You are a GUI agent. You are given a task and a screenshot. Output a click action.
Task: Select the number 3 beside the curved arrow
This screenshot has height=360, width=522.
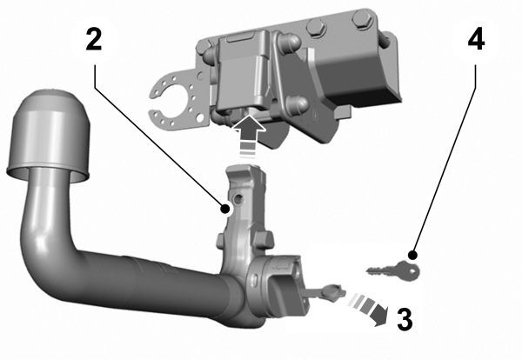[x=403, y=319]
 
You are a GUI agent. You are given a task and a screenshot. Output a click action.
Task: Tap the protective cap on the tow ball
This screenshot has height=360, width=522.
[x=50, y=131]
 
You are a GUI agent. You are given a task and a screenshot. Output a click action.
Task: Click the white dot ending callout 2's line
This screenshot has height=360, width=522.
[x=225, y=209]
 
